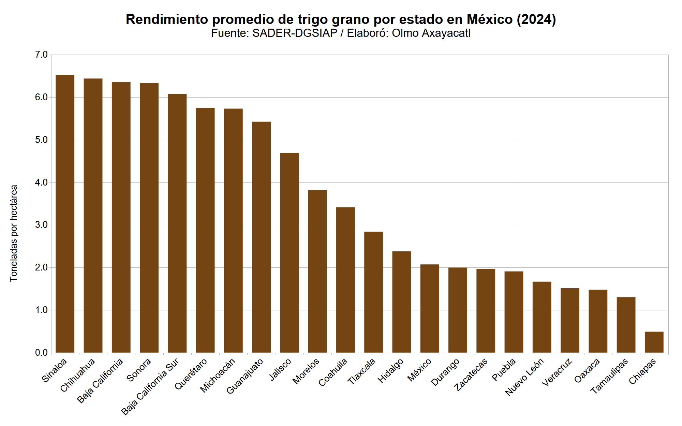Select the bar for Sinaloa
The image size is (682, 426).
[x=65, y=214]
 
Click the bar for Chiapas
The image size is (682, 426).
[x=654, y=342]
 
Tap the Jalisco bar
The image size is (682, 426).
[x=289, y=253]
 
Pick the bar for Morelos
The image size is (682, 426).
[x=317, y=271]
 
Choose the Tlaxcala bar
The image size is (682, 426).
[x=373, y=292]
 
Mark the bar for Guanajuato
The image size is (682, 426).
[x=261, y=237]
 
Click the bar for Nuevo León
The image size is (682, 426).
[x=542, y=317]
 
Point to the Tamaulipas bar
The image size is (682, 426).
[x=626, y=325]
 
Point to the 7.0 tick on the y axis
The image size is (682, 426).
[x=41, y=55]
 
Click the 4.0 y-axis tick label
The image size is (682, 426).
[x=41, y=182]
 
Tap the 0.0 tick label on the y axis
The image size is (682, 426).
[x=41, y=353]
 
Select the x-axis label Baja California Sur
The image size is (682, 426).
[x=150, y=387]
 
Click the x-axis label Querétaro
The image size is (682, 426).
[x=191, y=374]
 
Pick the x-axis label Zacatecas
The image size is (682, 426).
[x=471, y=375]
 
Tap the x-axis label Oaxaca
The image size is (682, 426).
[x=587, y=371]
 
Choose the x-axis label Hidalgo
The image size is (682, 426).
[x=391, y=371]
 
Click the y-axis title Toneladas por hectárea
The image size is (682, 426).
[x=14, y=233]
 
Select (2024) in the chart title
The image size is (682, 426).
[x=536, y=19]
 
